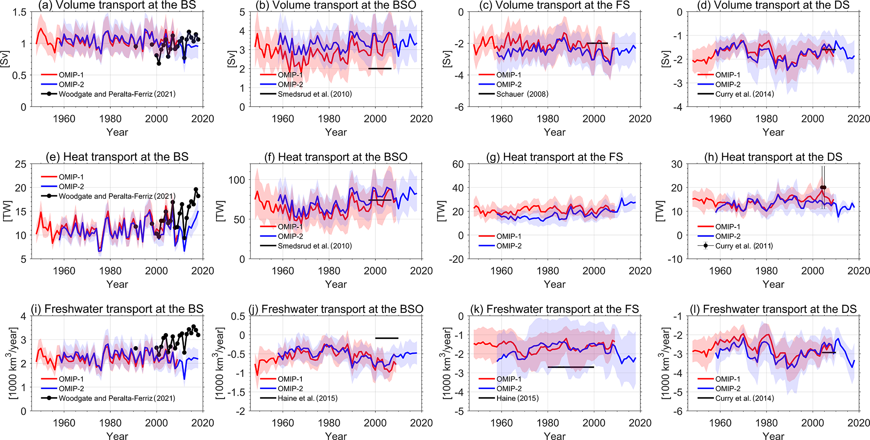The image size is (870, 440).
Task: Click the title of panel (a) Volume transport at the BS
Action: pos(117,5)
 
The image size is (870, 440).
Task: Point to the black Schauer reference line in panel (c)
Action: pos(597,43)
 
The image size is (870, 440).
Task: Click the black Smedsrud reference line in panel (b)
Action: pos(380,69)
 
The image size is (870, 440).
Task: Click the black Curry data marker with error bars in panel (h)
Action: pos(823,188)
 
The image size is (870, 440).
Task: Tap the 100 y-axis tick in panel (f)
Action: pos(237,180)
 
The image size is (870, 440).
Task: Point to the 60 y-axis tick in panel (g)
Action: pos(458,164)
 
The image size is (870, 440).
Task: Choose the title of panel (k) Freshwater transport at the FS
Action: pos(562,309)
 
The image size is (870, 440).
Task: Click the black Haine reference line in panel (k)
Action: pos(570,367)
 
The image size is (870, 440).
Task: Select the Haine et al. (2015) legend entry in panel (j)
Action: pos(307,398)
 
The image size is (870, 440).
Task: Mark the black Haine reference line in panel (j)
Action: pos(386,338)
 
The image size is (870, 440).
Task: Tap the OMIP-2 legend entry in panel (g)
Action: pos(508,246)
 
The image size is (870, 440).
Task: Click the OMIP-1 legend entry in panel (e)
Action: pos(71,177)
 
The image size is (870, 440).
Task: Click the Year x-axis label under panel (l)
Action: pos(773,436)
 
